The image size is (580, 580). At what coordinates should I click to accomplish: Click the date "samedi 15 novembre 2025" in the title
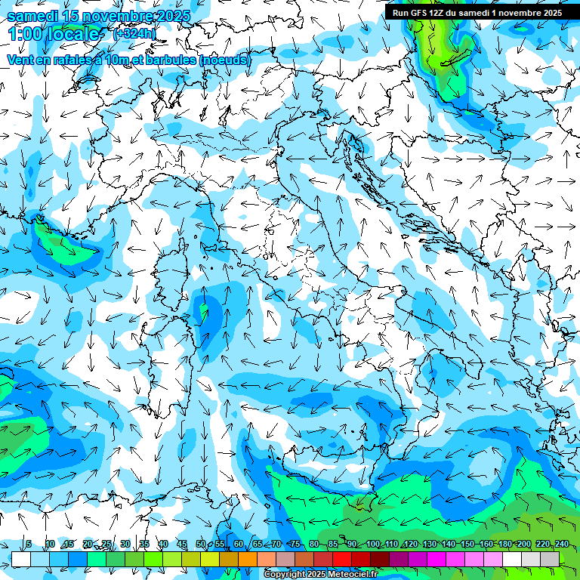pyautogui.click(x=98, y=16)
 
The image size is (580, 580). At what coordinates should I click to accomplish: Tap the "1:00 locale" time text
pyautogui.click(x=56, y=34)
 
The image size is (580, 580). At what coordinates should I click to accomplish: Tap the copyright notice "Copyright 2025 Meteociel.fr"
pyautogui.click(x=320, y=575)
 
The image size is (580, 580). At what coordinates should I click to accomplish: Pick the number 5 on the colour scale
pyautogui.click(x=29, y=544)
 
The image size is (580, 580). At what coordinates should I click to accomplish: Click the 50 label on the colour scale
pyautogui.click(x=200, y=544)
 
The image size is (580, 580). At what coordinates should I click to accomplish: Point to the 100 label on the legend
pyautogui.click(x=373, y=544)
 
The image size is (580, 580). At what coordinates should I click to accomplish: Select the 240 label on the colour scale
pyautogui.click(x=561, y=544)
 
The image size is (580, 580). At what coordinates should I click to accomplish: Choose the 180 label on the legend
pyautogui.click(x=505, y=544)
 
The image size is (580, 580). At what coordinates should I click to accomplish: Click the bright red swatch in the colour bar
pyautogui.click(x=342, y=559)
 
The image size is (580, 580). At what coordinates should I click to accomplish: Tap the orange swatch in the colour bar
pyautogui.click(x=248, y=559)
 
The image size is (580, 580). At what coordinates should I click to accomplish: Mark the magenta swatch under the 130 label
pyautogui.click(x=437, y=559)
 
